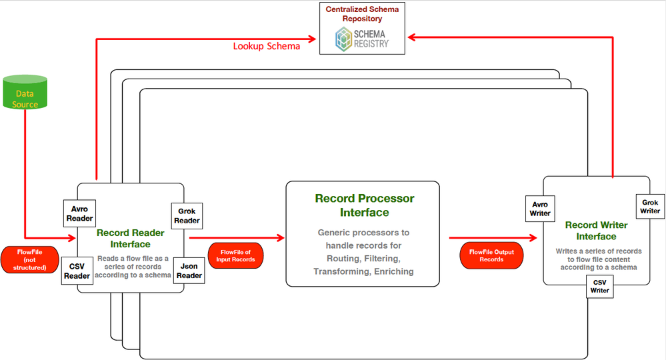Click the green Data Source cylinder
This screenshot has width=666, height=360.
click(x=25, y=93)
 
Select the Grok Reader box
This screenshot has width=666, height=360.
click(x=187, y=215)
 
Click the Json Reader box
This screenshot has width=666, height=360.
click(x=187, y=270)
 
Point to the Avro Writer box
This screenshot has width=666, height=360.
click(x=540, y=209)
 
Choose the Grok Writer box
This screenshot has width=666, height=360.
click(x=650, y=206)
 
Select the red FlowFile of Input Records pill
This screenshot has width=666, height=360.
click(x=237, y=255)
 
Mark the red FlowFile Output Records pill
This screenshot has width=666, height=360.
click(x=491, y=255)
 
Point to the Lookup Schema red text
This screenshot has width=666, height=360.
click(x=266, y=47)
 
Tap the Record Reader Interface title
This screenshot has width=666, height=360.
click(x=132, y=239)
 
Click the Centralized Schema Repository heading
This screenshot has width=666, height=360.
click(x=363, y=14)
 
